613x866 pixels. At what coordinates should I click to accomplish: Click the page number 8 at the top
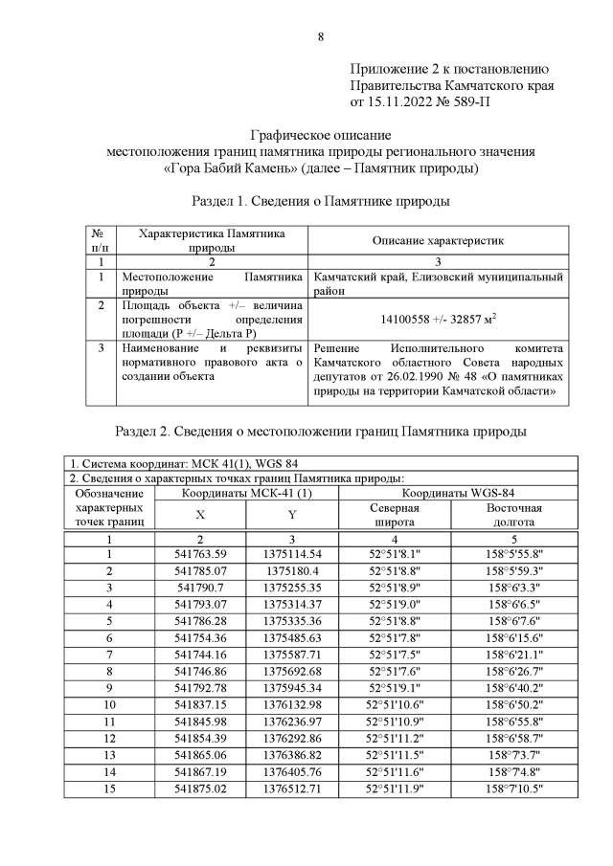[321, 37]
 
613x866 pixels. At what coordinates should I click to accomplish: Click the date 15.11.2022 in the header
[402, 100]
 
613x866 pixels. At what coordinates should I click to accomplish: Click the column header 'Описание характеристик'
[437, 240]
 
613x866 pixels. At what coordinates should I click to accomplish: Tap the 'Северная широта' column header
[394, 515]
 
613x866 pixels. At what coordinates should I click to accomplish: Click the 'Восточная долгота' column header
[512, 515]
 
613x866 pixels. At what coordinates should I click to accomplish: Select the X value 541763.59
[200, 554]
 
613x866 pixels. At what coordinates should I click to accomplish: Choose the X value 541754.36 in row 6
[200, 636]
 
